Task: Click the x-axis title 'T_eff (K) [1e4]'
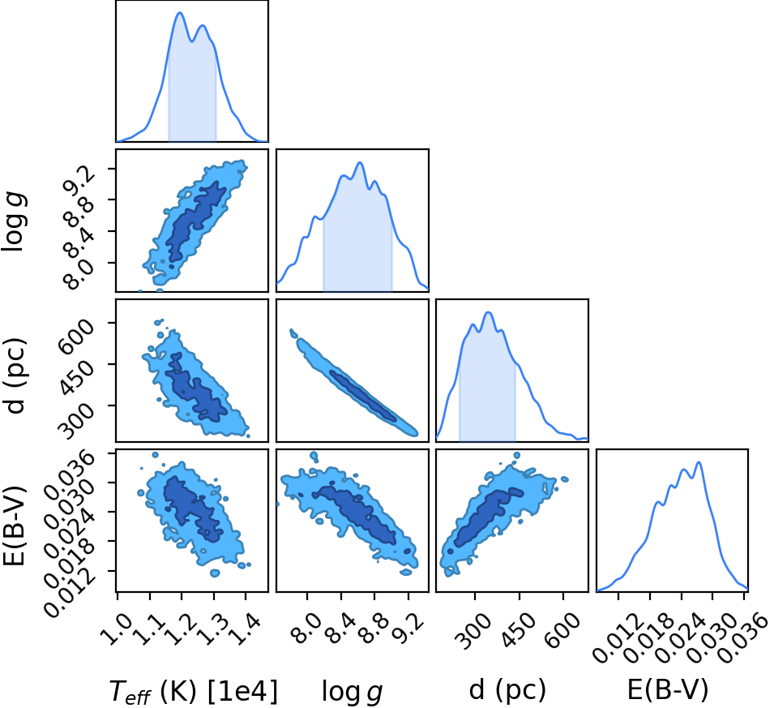[193, 690]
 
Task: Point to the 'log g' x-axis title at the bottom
[353, 691]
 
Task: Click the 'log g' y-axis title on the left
[14, 222]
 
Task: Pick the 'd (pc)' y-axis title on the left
[15, 376]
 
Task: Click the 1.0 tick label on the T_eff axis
[117, 629]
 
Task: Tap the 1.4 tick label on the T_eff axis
[245, 629]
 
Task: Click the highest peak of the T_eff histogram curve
[180, 13]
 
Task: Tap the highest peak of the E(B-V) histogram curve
[699, 462]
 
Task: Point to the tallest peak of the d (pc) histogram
[488, 312]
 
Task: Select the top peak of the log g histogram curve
[360, 162]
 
